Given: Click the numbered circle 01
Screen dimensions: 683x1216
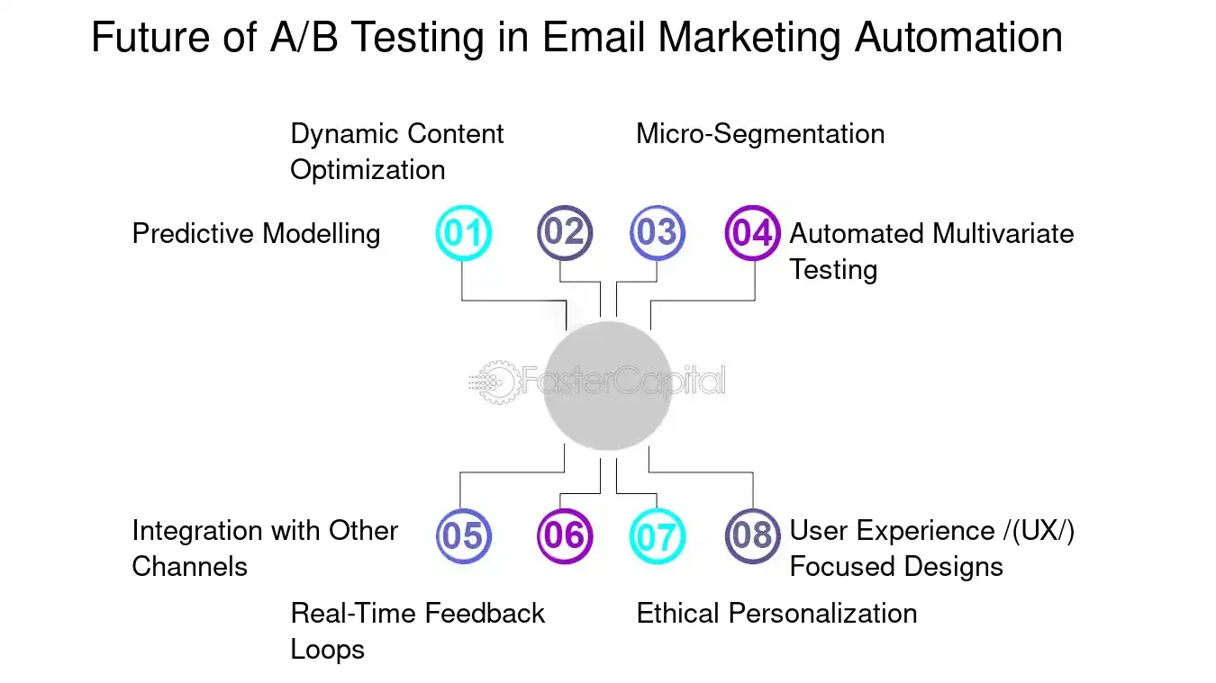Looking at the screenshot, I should coord(463,234).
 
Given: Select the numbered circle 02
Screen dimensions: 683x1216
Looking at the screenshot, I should coord(565,234).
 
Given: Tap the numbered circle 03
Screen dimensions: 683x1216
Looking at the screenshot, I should coord(657,234).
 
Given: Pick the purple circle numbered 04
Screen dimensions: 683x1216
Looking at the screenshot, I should coord(752,234).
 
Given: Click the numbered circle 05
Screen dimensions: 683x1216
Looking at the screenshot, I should coord(463,536).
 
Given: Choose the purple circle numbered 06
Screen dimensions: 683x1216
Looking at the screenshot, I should coord(565,536).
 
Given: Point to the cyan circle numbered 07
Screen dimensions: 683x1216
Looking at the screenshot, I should coord(657,536).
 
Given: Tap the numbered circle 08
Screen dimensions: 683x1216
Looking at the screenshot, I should coord(752,536).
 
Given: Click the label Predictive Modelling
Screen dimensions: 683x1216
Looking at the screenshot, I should coord(256,234).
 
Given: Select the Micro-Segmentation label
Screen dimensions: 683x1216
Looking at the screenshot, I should coord(760,134).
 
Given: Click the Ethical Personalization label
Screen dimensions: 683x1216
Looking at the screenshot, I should coord(776,614).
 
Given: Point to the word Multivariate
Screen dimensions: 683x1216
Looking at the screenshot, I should coord(1003,234).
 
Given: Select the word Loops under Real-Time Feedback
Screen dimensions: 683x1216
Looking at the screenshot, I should coord(327,650).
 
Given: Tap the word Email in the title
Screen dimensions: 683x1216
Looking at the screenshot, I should coord(595,39).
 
